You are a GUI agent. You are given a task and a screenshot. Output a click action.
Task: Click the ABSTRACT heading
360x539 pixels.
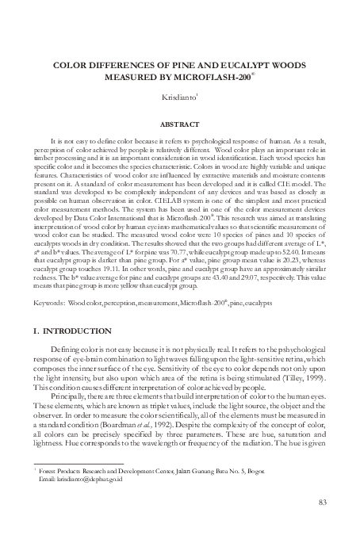(x=180, y=124)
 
